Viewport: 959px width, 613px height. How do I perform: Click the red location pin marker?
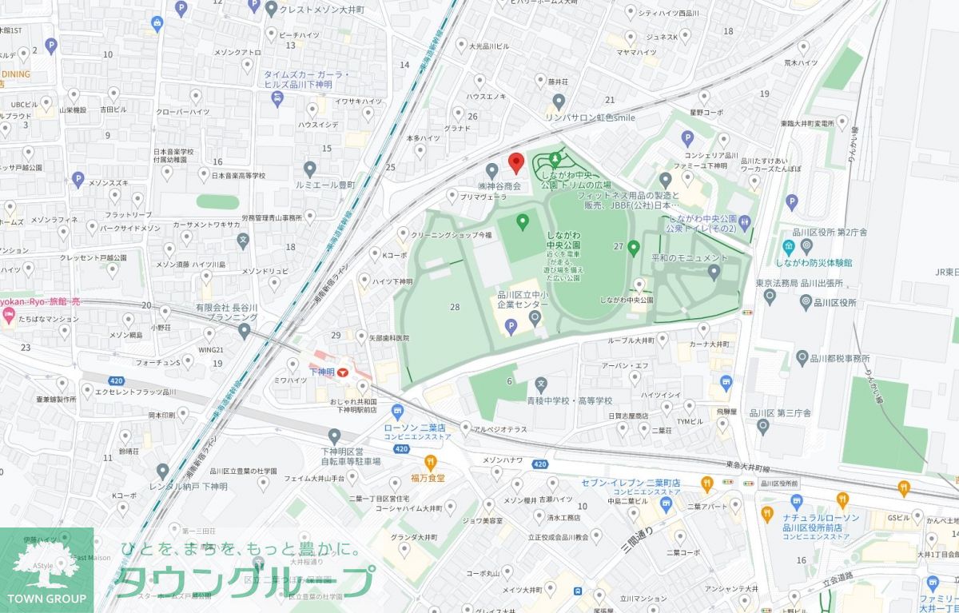pos(515,162)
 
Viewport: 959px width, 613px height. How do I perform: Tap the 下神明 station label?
pos(322,372)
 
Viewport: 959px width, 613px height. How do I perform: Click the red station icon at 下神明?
pos(343,372)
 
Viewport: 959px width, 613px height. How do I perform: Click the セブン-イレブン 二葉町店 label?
pos(631,484)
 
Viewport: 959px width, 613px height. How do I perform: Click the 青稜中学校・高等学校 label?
pos(570,400)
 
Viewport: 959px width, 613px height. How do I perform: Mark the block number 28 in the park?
pos(455,307)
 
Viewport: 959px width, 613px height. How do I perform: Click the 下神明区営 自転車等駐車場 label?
pos(352,456)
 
